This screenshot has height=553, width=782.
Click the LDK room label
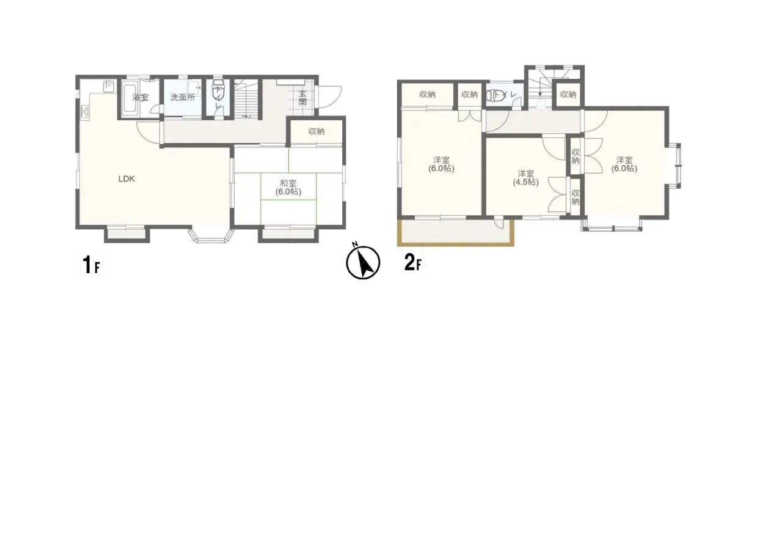point(126,179)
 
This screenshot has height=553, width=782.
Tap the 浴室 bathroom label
point(141,97)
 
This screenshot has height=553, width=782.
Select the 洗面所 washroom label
point(182,97)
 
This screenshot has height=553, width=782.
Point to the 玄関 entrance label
point(302,98)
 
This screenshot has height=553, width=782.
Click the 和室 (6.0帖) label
point(288,187)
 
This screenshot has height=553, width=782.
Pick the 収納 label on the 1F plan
point(316,131)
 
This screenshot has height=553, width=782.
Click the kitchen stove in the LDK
point(84,112)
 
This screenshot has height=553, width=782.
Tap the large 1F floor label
point(90,265)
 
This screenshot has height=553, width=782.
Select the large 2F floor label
point(412,263)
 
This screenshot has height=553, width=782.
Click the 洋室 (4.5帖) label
point(525,177)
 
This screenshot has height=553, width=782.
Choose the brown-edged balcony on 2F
point(455,233)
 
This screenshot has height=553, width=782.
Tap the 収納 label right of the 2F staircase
point(568,95)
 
